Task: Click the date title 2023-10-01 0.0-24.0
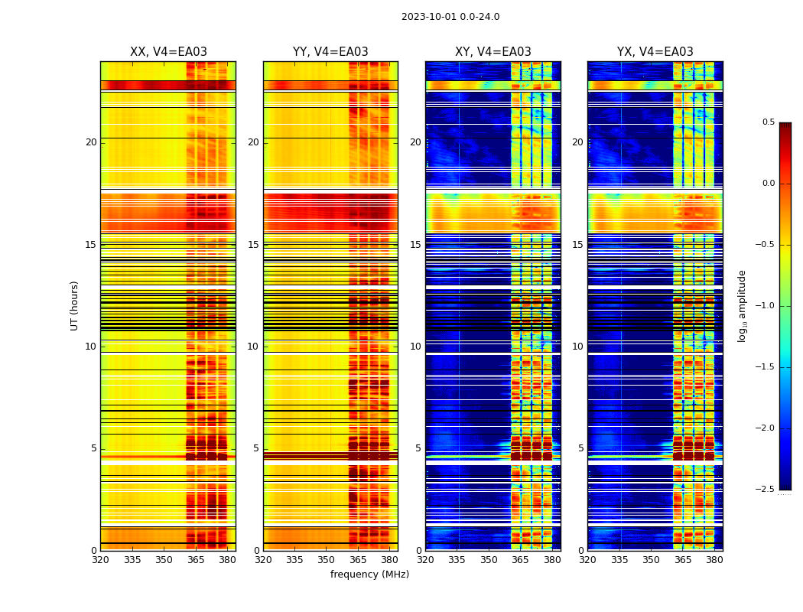pos(450,17)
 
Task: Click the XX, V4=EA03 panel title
pos(168,52)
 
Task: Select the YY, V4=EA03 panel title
pos(330,52)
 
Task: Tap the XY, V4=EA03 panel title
pos(493,52)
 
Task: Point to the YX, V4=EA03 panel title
pos(655,52)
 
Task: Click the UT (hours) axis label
pos(74,305)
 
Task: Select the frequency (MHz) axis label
pos(369,575)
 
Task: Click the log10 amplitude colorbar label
pos(743,305)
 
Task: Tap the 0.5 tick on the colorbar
pos(768,122)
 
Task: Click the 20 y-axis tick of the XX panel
pos(91,142)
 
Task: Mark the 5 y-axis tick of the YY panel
pos(256,448)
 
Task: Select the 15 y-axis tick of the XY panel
pos(415,245)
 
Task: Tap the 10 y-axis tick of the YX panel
pos(577,347)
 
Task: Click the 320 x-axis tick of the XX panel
pos(100,560)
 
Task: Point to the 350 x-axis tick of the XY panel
pos(489,560)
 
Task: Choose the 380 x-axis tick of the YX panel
pos(714,560)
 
